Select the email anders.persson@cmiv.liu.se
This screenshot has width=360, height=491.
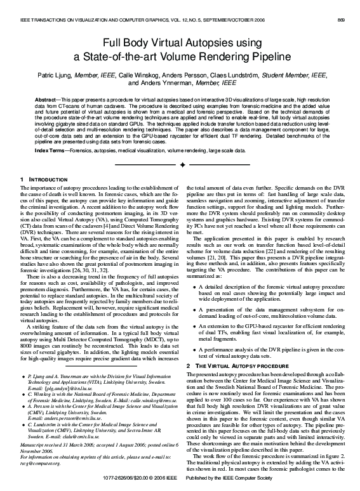coord(64,419)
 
